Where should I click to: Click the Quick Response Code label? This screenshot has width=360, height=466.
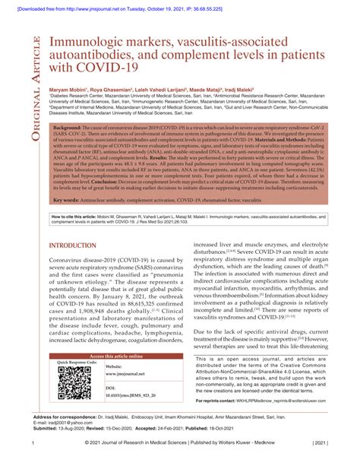click(77, 363)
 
